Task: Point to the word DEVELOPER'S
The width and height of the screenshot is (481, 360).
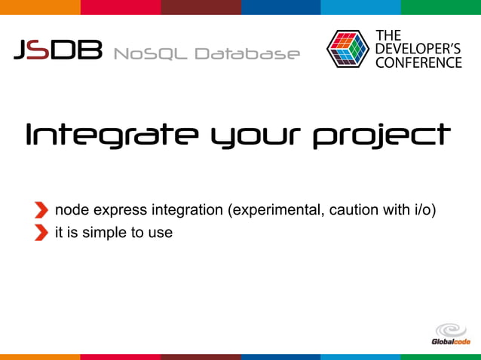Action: (x=418, y=49)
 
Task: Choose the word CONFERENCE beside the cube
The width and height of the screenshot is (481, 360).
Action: (x=418, y=63)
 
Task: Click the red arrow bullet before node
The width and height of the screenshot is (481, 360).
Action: (x=41, y=209)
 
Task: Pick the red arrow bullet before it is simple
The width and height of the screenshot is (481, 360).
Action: (x=41, y=233)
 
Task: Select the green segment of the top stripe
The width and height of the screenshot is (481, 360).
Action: (x=440, y=7)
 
